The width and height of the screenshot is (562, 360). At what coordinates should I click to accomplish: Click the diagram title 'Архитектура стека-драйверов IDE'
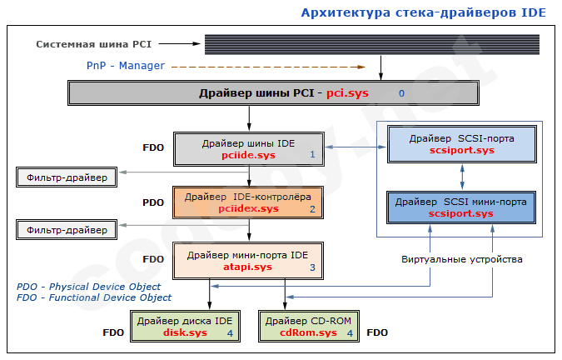click(x=423, y=12)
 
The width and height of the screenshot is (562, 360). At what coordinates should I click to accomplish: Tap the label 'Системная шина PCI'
click(x=93, y=43)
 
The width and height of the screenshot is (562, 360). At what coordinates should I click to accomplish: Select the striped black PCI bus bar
click(x=375, y=44)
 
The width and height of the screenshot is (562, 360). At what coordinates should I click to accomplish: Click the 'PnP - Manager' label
click(x=126, y=65)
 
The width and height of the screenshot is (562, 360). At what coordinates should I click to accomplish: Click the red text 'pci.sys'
click(x=347, y=93)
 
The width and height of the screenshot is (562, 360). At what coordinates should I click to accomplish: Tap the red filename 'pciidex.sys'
click(x=248, y=208)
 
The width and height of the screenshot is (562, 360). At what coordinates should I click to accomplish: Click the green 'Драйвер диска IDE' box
click(x=186, y=326)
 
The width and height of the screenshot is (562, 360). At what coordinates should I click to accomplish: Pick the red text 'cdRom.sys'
click(x=309, y=332)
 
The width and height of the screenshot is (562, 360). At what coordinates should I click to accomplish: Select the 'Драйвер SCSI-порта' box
click(x=462, y=144)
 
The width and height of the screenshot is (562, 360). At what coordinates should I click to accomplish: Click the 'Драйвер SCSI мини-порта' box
click(x=462, y=207)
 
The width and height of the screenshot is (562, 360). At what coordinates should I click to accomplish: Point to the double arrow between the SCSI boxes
click(x=462, y=176)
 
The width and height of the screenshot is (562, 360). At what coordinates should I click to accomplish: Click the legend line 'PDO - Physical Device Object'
click(x=88, y=287)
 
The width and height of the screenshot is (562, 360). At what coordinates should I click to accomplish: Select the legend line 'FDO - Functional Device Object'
click(x=94, y=297)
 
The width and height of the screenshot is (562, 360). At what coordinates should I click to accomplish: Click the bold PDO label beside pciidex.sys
click(x=153, y=202)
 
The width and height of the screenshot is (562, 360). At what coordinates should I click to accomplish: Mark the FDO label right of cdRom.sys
click(x=377, y=332)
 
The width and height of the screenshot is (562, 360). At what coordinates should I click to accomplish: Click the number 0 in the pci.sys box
click(x=401, y=93)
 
